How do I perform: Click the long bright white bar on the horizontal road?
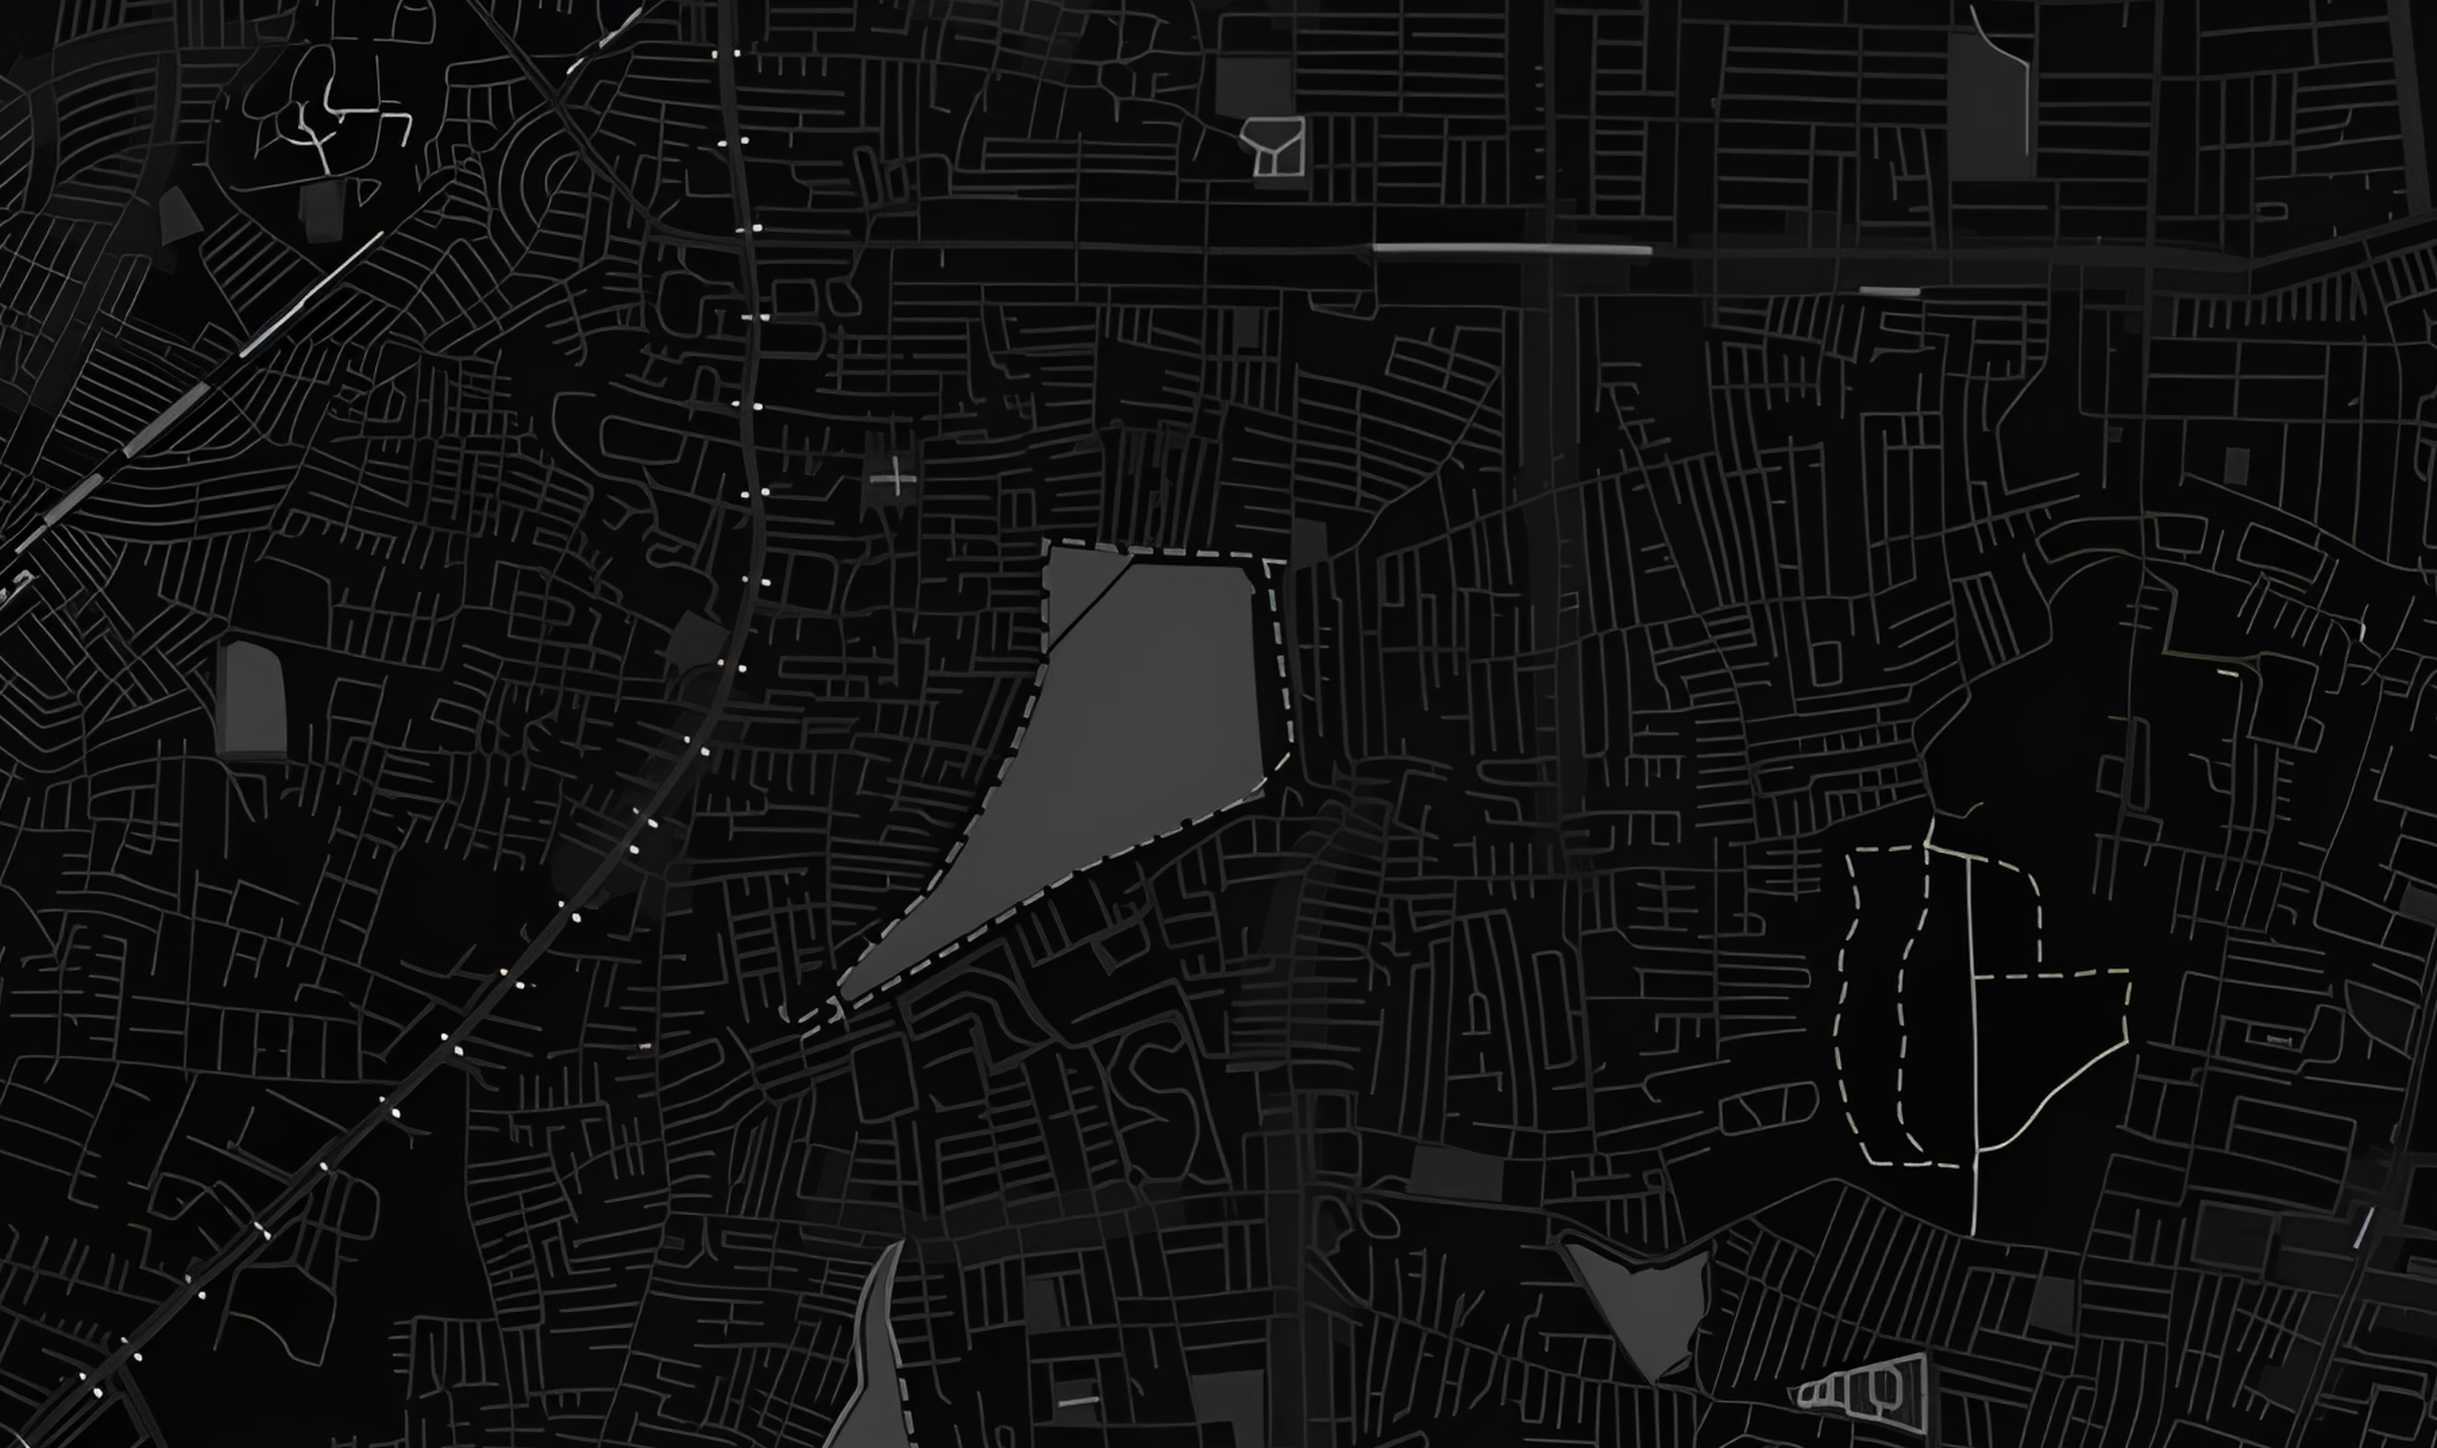tap(1512, 249)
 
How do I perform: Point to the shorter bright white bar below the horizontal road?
tap(1889, 291)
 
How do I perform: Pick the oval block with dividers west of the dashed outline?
tap(1767, 1109)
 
